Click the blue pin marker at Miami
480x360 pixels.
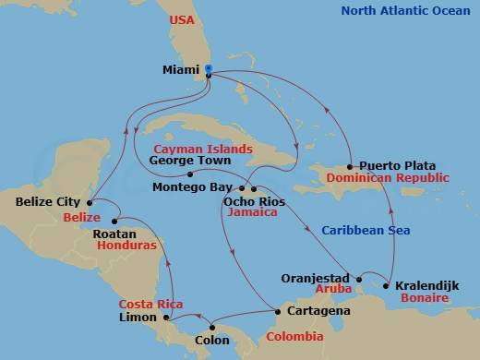(209, 69)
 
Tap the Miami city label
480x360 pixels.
(182, 70)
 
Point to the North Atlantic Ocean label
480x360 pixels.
(410, 12)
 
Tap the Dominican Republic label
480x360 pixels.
(390, 177)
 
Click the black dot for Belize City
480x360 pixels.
(90, 201)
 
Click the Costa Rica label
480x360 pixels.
(150, 304)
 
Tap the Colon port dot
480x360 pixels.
(212, 326)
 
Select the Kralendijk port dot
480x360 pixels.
(388, 285)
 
